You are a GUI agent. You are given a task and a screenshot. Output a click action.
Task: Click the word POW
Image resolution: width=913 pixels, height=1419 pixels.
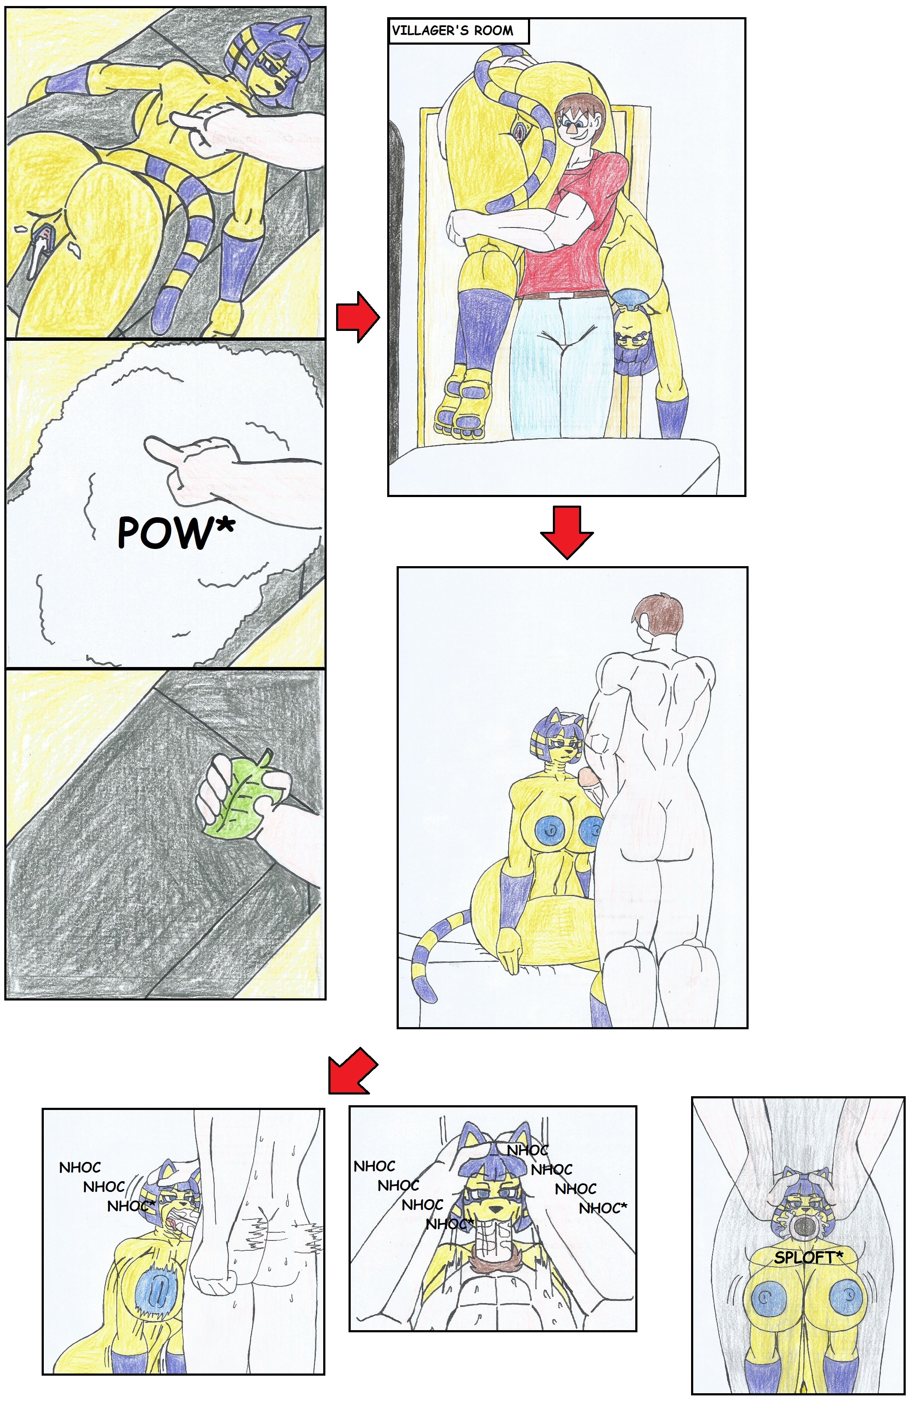tap(164, 532)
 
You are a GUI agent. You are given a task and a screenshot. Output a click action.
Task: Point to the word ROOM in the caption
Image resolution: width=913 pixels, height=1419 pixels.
tap(493, 31)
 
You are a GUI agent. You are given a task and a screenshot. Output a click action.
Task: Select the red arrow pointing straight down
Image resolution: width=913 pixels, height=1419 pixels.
tap(567, 532)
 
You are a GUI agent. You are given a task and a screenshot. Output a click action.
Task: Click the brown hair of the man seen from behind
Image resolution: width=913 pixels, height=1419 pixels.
tap(658, 615)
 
